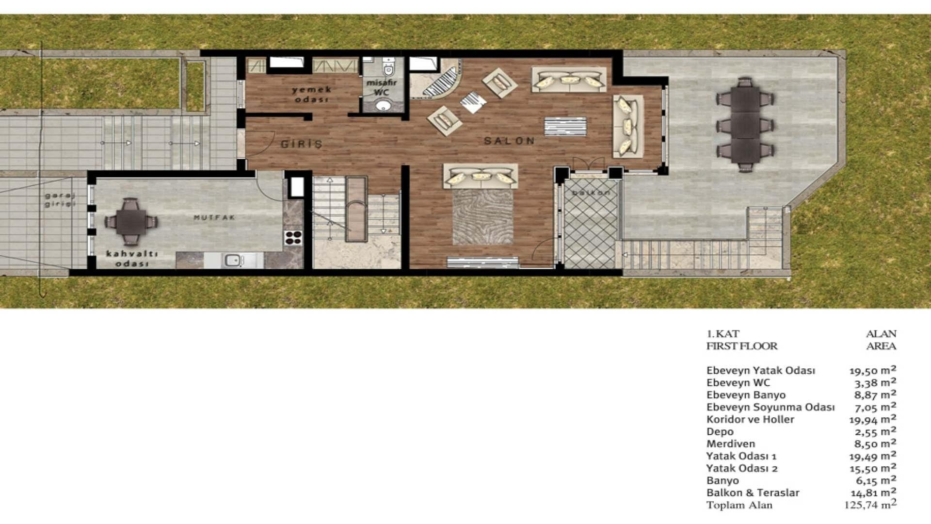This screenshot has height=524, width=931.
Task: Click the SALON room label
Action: (x=509, y=141)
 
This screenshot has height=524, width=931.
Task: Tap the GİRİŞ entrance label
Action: (x=302, y=144)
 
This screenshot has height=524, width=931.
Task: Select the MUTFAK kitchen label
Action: (x=214, y=218)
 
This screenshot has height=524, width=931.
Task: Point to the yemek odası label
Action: (x=311, y=94)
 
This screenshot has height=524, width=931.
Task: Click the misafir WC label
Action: (x=382, y=87)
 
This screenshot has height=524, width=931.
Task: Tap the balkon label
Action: (x=591, y=193)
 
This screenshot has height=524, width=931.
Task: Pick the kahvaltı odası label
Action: (x=131, y=259)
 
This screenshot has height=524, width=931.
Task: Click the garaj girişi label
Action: (x=60, y=200)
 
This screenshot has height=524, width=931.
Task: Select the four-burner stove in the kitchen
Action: (x=293, y=237)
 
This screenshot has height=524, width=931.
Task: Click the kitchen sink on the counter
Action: (x=233, y=261)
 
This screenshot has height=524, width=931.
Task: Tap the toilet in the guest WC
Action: (x=388, y=68)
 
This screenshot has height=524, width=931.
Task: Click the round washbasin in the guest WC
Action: (x=383, y=105)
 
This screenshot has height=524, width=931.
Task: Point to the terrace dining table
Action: (x=745, y=125)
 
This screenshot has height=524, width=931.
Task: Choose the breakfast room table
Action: (x=131, y=222)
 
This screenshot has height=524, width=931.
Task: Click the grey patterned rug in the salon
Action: (x=482, y=217)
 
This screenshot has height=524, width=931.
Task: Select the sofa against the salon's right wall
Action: (x=628, y=126)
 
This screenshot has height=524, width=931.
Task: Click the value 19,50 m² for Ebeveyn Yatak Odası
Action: (x=872, y=370)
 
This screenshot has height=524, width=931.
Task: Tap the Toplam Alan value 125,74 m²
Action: (x=870, y=505)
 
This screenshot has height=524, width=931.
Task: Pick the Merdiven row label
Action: (x=730, y=444)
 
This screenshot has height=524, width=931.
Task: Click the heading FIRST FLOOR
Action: (x=741, y=346)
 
